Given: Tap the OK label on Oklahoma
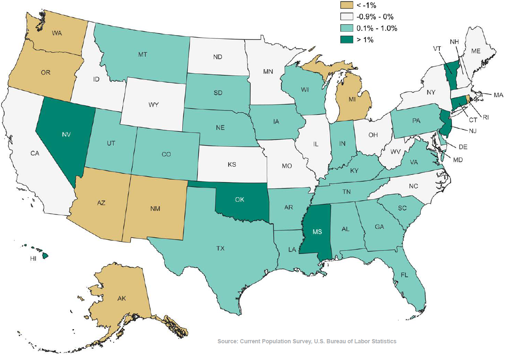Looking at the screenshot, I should pyautogui.click(x=240, y=200).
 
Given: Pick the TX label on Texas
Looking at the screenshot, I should pyautogui.click(x=220, y=248).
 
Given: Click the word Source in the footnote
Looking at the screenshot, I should pyautogui.click(x=227, y=341).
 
